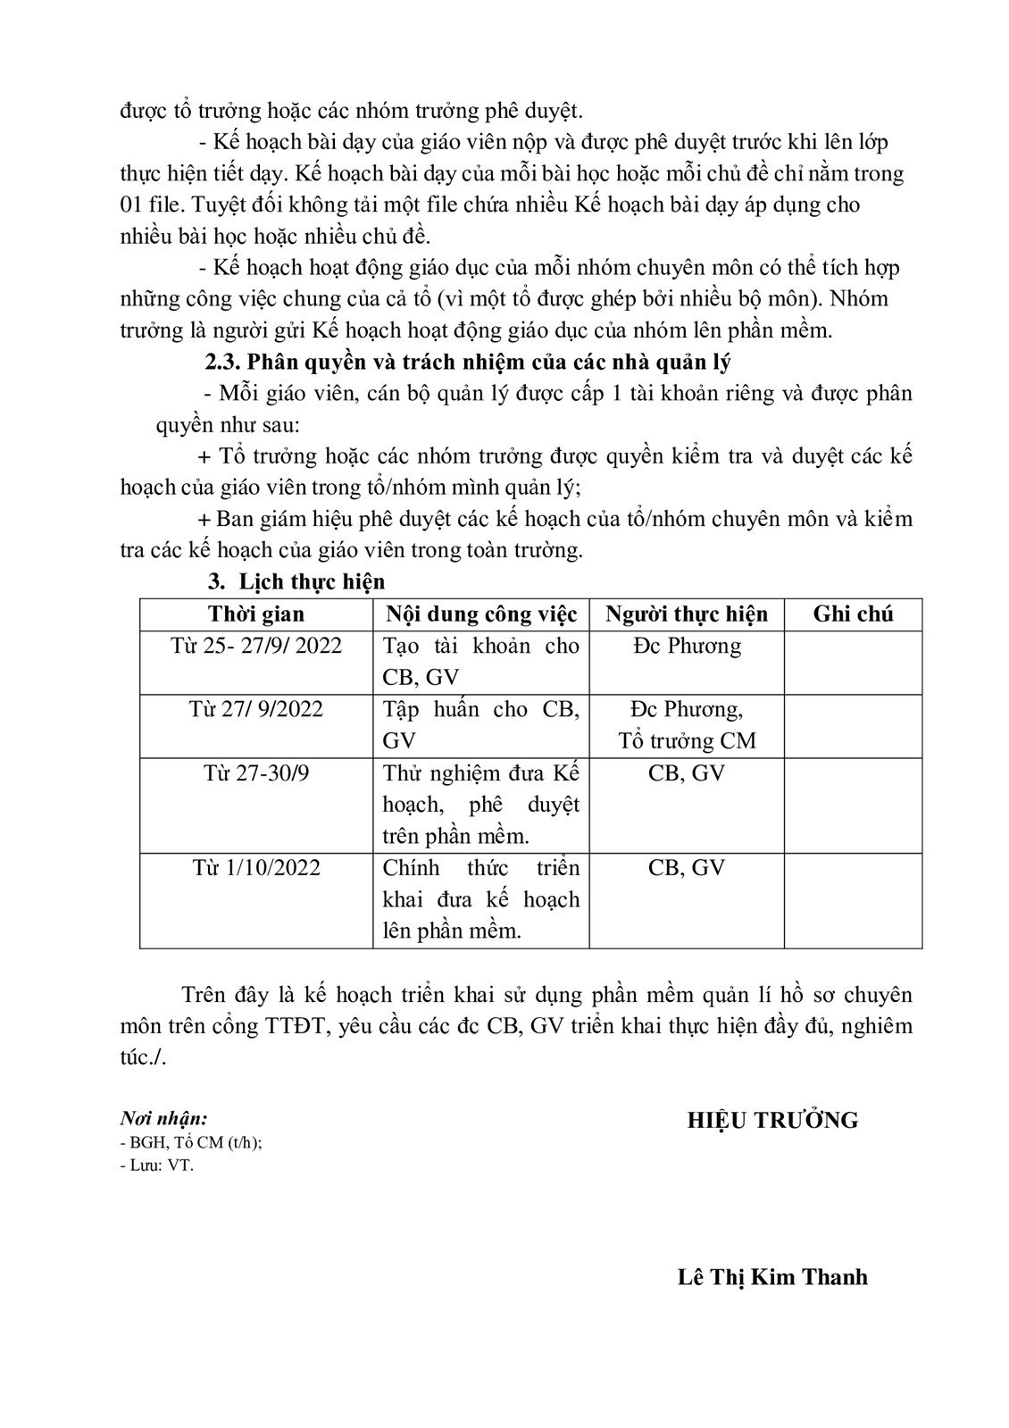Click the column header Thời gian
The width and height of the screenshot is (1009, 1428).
(256, 614)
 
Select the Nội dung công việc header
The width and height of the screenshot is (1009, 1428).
(481, 614)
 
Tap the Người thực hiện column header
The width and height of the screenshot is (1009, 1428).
(686, 614)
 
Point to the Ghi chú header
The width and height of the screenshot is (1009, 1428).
(853, 614)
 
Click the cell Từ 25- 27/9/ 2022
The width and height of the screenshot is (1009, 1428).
(256, 646)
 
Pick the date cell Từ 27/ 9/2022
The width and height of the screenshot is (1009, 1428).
(256, 709)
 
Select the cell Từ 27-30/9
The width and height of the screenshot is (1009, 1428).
(256, 772)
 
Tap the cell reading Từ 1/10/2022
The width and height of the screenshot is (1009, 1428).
(256, 868)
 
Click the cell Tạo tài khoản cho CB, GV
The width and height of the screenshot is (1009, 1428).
(481, 662)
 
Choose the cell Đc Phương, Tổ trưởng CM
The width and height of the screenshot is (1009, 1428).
(686, 725)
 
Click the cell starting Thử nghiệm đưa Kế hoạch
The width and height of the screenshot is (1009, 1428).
(481, 805)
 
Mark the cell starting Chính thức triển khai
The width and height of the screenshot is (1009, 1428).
(481, 899)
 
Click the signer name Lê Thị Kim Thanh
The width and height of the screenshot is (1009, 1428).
(772, 1277)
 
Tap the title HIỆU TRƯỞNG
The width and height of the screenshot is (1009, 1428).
(772, 1121)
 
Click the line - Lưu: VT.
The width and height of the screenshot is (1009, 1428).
(156, 1165)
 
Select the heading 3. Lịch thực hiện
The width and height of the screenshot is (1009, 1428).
(296, 582)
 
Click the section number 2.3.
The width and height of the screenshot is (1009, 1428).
(222, 363)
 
